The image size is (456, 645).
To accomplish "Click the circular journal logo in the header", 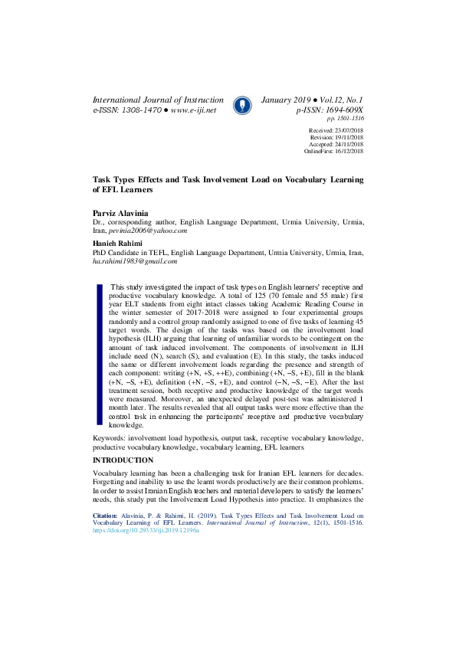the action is coord(241,104).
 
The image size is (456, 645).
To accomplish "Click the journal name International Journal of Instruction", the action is coord(158,100).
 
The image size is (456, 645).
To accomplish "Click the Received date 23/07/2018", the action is coord(348,131).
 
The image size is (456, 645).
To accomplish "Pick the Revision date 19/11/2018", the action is coord(348,138).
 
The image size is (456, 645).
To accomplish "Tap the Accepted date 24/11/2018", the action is coord(348,144).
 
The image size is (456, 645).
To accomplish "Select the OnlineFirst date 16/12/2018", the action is coord(347,151).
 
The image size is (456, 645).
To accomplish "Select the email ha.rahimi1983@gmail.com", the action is coord(135,261).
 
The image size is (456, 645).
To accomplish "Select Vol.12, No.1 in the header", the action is coord(337,100).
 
